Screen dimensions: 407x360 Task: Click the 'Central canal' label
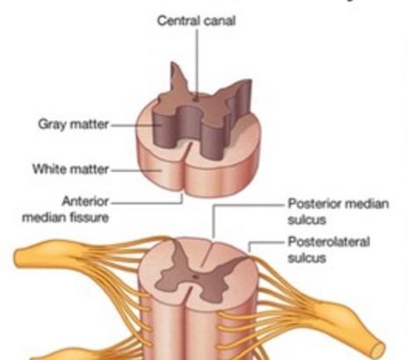pos(196,21)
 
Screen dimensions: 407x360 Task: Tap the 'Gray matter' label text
pos(73,124)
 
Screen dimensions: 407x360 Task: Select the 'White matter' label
pos(70,169)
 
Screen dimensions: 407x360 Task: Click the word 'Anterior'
pos(85,201)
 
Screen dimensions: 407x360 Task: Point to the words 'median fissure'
pos(65,218)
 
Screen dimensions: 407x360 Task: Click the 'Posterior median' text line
pos(338,204)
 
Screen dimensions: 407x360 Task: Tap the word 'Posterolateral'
pos(329,241)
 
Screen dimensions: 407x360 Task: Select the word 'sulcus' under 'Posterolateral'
pos(307,258)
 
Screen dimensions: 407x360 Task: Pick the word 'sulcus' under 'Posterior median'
pos(307,220)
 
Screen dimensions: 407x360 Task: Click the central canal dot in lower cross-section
pos(195,277)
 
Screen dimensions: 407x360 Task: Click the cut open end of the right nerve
pos(378,349)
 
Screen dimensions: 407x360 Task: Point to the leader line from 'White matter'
pos(136,170)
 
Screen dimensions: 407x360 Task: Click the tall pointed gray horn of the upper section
pos(177,78)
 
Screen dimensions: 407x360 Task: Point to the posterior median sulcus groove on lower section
pos(207,254)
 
